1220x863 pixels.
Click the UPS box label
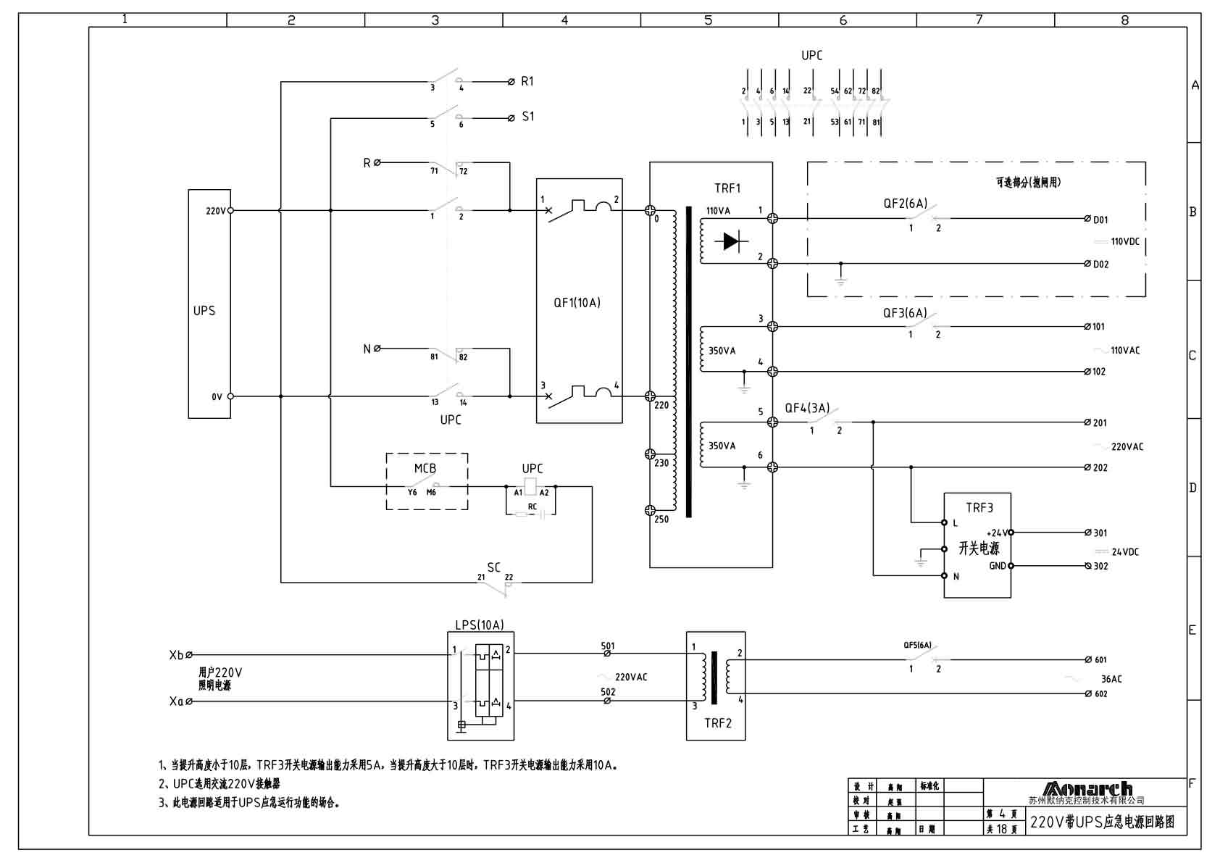click(x=204, y=311)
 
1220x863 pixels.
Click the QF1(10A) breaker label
click(x=577, y=303)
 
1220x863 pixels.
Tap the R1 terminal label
click(x=527, y=82)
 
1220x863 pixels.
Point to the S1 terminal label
click(x=528, y=117)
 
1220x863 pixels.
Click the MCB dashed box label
click(x=425, y=469)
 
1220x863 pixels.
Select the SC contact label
click(x=493, y=567)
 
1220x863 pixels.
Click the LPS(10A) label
click(x=479, y=625)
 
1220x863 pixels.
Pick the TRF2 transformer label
click(x=717, y=723)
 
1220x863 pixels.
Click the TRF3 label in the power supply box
click(x=979, y=508)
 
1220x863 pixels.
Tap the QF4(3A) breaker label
click(x=807, y=408)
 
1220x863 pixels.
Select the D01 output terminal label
click(x=1100, y=220)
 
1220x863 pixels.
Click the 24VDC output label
click(x=1125, y=552)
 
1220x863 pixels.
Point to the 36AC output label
click(x=1111, y=679)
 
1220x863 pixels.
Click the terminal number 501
click(x=608, y=646)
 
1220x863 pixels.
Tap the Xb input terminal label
click(x=176, y=655)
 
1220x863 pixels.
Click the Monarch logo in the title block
click(x=1087, y=788)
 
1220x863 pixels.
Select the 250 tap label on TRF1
click(x=661, y=520)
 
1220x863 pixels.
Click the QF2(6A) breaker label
click(x=905, y=204)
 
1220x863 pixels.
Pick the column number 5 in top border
click(x=709, y=20)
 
